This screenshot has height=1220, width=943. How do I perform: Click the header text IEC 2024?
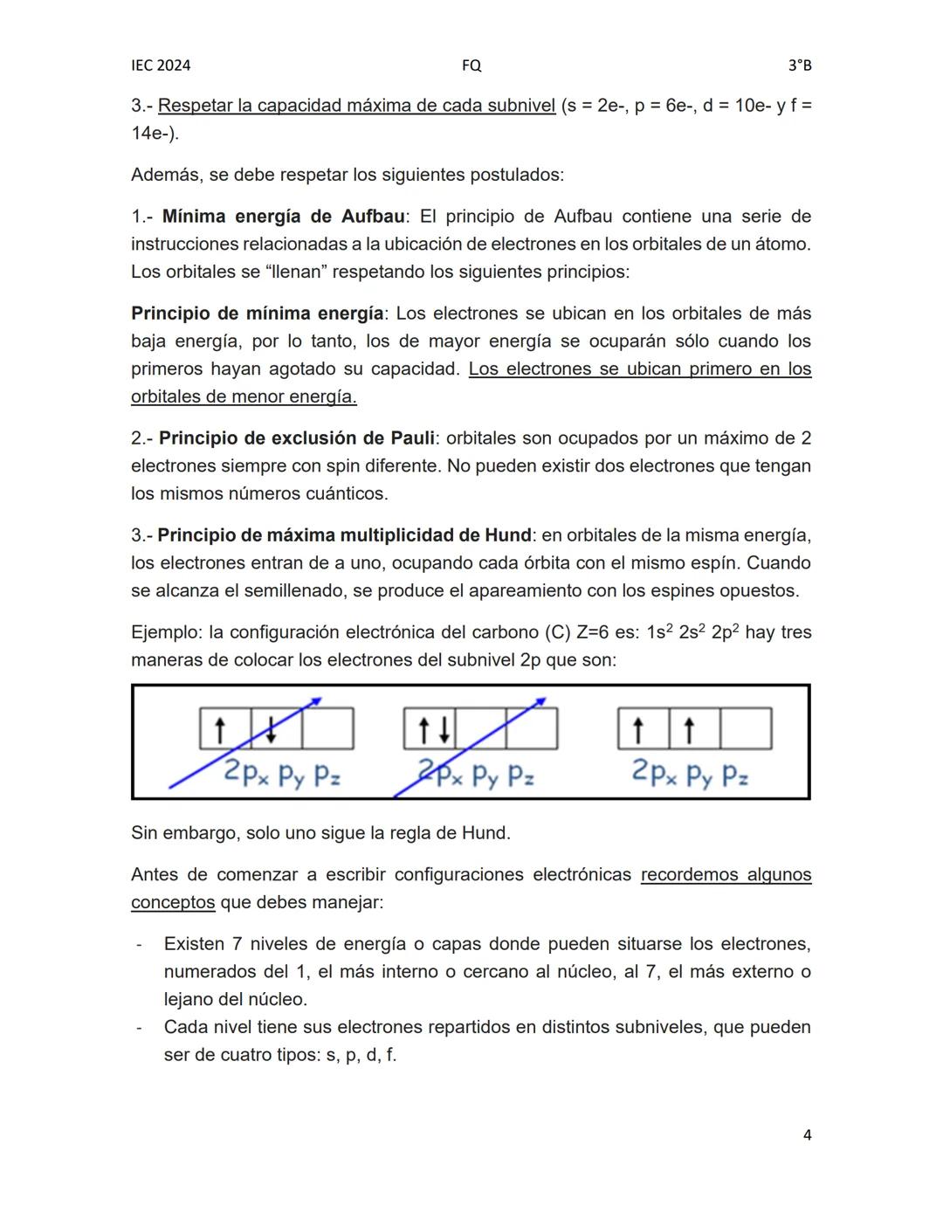tap(161, 65)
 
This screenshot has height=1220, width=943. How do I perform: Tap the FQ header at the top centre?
tap(471, 65)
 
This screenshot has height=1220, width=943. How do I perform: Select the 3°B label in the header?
tap(799, 65)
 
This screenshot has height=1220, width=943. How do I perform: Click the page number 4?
tap(807, 1135)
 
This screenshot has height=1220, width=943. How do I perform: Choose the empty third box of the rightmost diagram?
tap(747, 729)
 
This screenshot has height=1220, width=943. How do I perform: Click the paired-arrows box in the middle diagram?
tap(430, 729)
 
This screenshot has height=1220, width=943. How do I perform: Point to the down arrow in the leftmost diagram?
tap(272, 729)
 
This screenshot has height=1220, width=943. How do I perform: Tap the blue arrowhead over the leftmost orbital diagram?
tap(316, 700)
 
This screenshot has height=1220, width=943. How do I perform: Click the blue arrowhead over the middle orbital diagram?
tap(540, 700)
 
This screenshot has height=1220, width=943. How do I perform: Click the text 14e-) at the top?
tap(155, 134)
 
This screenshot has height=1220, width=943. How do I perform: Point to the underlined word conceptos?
tap(173, 902)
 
